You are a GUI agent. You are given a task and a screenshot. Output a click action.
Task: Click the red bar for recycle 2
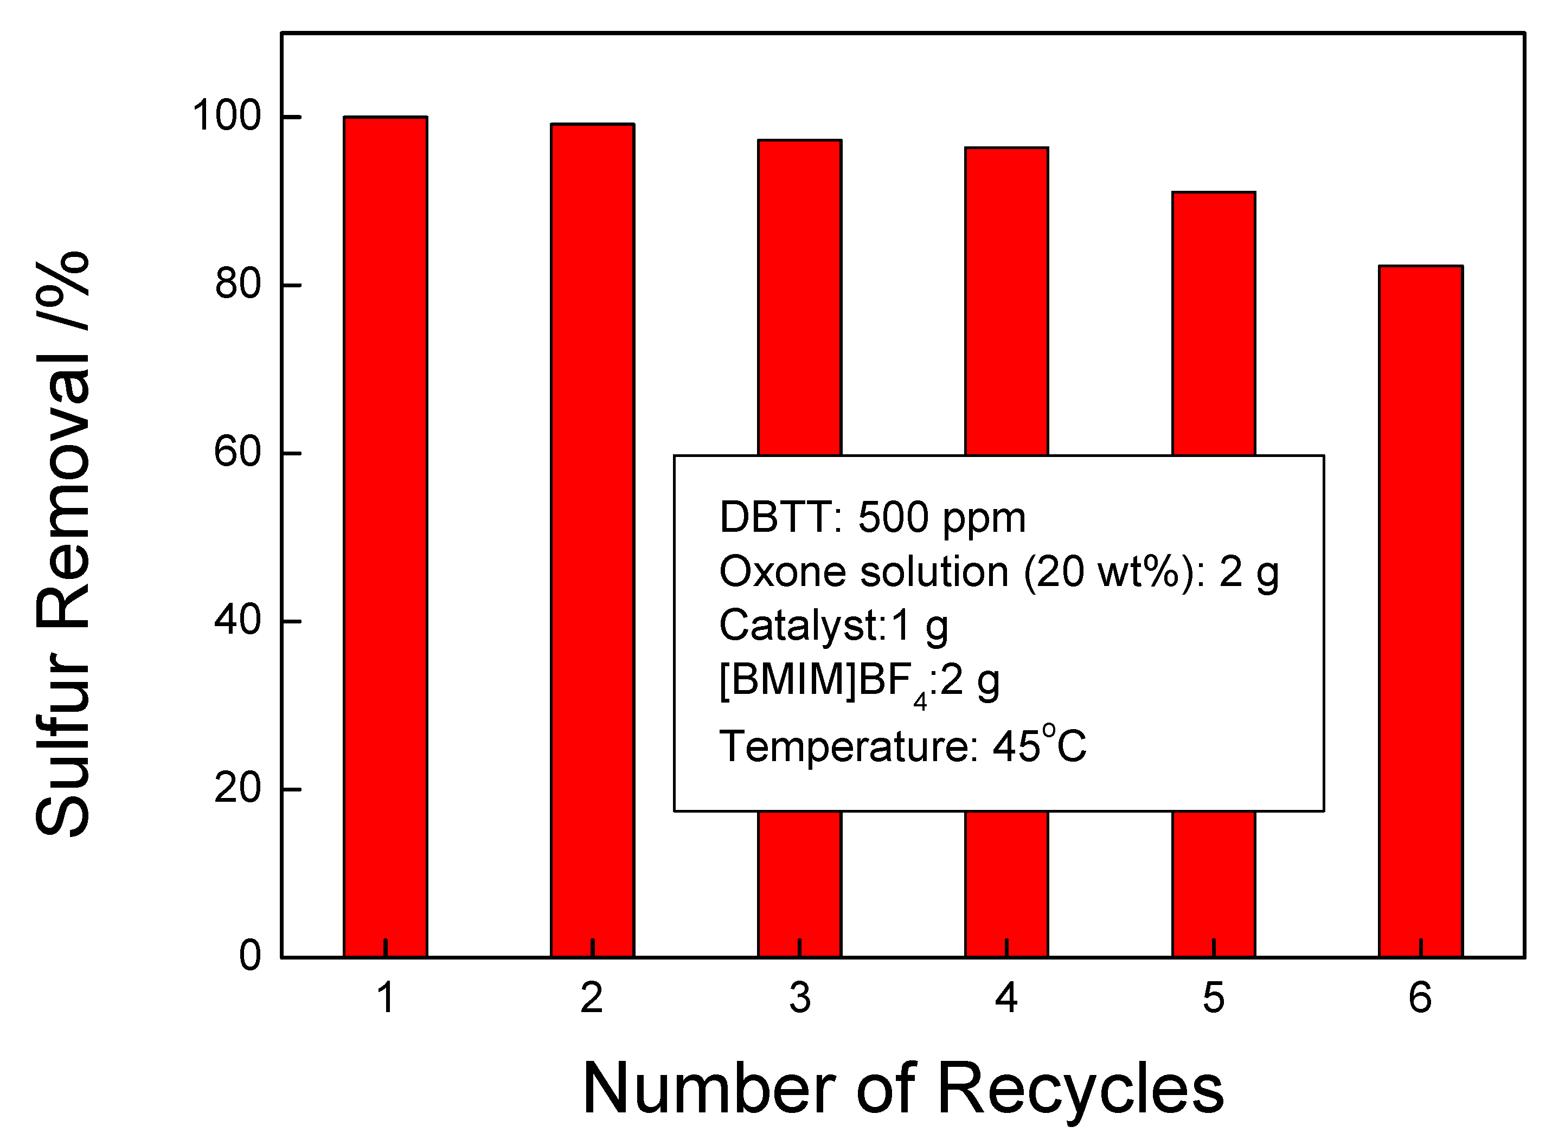[x=592, y=541]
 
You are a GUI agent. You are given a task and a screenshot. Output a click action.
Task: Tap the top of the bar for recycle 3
[x=799, y=141]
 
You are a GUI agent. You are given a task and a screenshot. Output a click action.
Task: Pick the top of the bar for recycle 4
[x=1006, y=149]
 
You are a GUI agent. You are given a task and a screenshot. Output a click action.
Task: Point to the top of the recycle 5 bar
[x=1214, y=194]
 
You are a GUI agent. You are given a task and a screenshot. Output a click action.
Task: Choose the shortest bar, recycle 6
[x=1420, y=610]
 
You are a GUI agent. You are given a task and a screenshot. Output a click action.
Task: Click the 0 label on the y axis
[x=250, y=956]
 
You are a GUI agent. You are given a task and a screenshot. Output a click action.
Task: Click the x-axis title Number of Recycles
[x=902, y=1090]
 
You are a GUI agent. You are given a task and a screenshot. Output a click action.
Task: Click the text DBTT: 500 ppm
[x=872, y=518]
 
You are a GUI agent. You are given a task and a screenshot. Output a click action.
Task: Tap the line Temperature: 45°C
[x=902, y=746]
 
